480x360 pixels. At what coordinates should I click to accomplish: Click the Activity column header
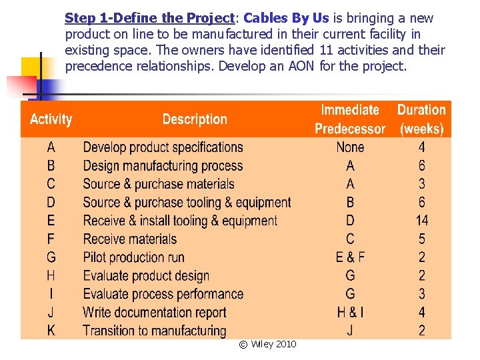pyautogui.click(x=51, y=120)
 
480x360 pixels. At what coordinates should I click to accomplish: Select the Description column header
pyautogui.click(x=195, y=119)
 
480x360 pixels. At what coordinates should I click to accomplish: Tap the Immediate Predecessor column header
pyautogui.click(x=350, y=119)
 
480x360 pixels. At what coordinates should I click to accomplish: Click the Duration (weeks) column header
pyautogui.click(x=421, y=119)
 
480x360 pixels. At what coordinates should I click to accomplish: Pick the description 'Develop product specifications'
pyautogui.click(x=163, y=147)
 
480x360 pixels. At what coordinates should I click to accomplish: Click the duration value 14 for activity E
pyautogui.click(x=421, y=221)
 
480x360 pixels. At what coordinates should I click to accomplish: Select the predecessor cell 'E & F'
pyautogui.click(x=350, y=257)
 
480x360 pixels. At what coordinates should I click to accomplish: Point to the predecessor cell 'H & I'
pyautogui.click(x=350, y=312)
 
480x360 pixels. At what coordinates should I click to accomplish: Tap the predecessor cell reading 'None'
pyautogui.click(x=350, y=147)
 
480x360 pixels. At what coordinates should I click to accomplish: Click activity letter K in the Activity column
pyautogui.click(x=51, y=330)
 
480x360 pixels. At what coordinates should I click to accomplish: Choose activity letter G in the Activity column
pyautogui.click(x=51, y=257)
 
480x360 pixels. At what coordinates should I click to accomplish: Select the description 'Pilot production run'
pyautogui.click(x=133, y=257)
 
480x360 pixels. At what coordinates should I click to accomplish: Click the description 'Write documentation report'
pyautogui.click(x=155, y=312)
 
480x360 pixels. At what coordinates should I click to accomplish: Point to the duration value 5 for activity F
pyautogui.click(x=421, y=239)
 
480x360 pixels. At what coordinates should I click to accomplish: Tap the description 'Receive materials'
pyautogui.click(x=130, y=239)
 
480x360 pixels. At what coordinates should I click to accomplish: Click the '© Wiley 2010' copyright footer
pyautogui.click(x=267, y=344)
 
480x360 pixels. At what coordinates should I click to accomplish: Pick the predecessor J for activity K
pyautogui.click(x=350, y=330)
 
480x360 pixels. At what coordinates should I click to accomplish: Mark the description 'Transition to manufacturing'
pyautogui.click(x=155, y=330)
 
